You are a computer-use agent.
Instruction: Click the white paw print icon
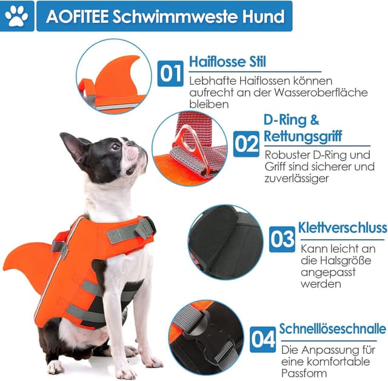click(x=16, y=17)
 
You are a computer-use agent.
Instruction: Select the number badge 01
click(x=170, y=73)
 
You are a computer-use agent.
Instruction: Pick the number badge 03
click(x=282, y=239)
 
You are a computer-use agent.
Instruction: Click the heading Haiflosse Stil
click(x=227, y=62)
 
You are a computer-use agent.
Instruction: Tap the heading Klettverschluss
click(x=343, y=228)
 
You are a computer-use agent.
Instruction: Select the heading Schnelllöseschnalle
click(x=332, y=329)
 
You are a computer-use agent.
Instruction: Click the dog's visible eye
click(x=115, y=147)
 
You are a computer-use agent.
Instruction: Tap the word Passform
click(x=306, y=373)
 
